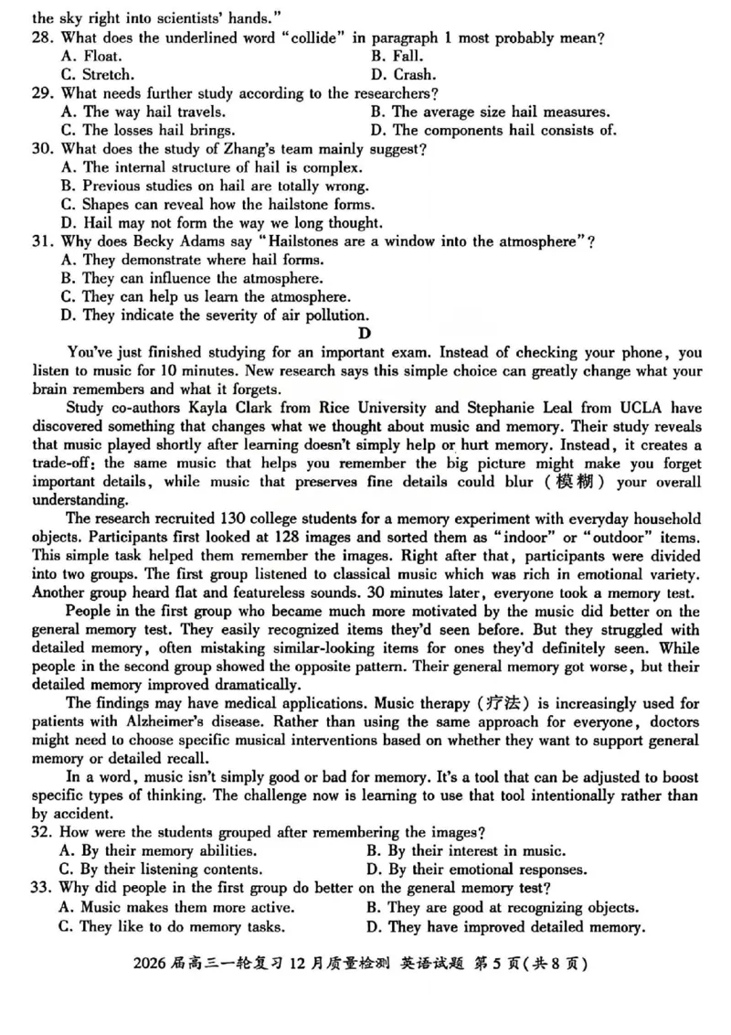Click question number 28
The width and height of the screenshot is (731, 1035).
pyautogui.click(x=42, y=37)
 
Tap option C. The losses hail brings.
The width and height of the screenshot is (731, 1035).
pyautogui.click(x=146, y=131)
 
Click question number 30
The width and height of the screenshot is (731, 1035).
pyautogui.click(x=42, y=149)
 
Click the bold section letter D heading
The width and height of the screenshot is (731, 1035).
pyautogui.click(x=365, y=334)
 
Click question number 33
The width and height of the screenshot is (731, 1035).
pyautogui.click(x=42, y=888)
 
